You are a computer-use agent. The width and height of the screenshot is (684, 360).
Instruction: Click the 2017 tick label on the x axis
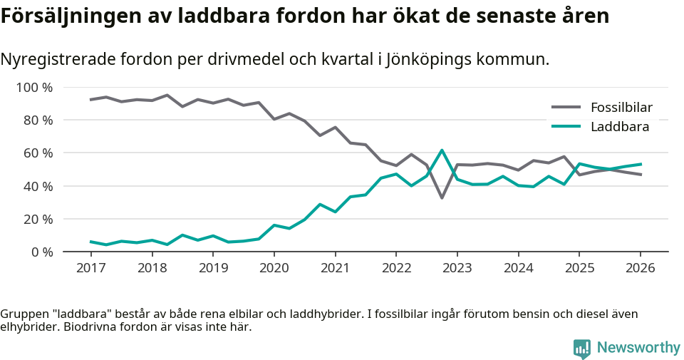coord(90,268)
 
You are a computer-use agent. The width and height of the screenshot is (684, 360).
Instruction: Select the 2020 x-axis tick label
coord(274,268)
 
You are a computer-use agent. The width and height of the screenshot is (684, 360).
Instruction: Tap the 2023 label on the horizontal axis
coord(457,268)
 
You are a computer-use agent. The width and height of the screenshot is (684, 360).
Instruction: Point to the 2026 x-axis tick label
coord(640,268)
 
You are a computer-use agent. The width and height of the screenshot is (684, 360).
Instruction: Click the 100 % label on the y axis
coord(34,88)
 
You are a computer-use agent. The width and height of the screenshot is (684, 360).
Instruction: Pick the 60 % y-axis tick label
coord(38,153)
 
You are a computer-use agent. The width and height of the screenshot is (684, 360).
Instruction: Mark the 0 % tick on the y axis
coord(41,252)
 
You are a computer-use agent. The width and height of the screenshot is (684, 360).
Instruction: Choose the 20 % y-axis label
coord(38,219)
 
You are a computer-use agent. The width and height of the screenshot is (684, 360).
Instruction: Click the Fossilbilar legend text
coord(621,108)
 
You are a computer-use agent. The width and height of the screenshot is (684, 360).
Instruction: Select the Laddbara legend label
coord(619,127)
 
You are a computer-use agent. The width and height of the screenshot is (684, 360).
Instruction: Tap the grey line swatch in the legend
coord(566,108)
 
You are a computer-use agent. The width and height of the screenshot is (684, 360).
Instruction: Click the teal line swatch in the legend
coord(566,127)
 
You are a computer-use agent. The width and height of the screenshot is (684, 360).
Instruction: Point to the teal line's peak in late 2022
coord(442,150)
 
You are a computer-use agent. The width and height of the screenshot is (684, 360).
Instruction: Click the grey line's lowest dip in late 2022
coord(442,197)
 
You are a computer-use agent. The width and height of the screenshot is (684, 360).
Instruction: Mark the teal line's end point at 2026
coord(641,164)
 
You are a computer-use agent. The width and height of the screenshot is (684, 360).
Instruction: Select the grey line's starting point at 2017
coord(90,100)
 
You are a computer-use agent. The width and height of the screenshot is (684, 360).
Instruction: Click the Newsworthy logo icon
coord(582,348)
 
